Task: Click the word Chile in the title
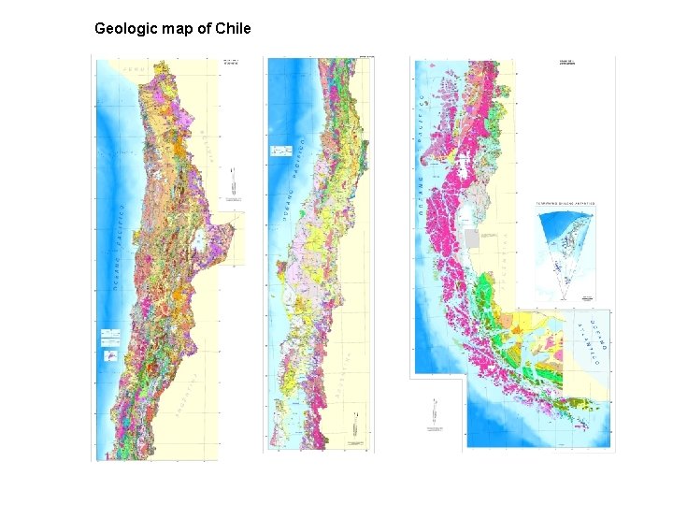point(233,28)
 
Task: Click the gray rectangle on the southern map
point(472,238)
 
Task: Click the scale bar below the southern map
point(434,411)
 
